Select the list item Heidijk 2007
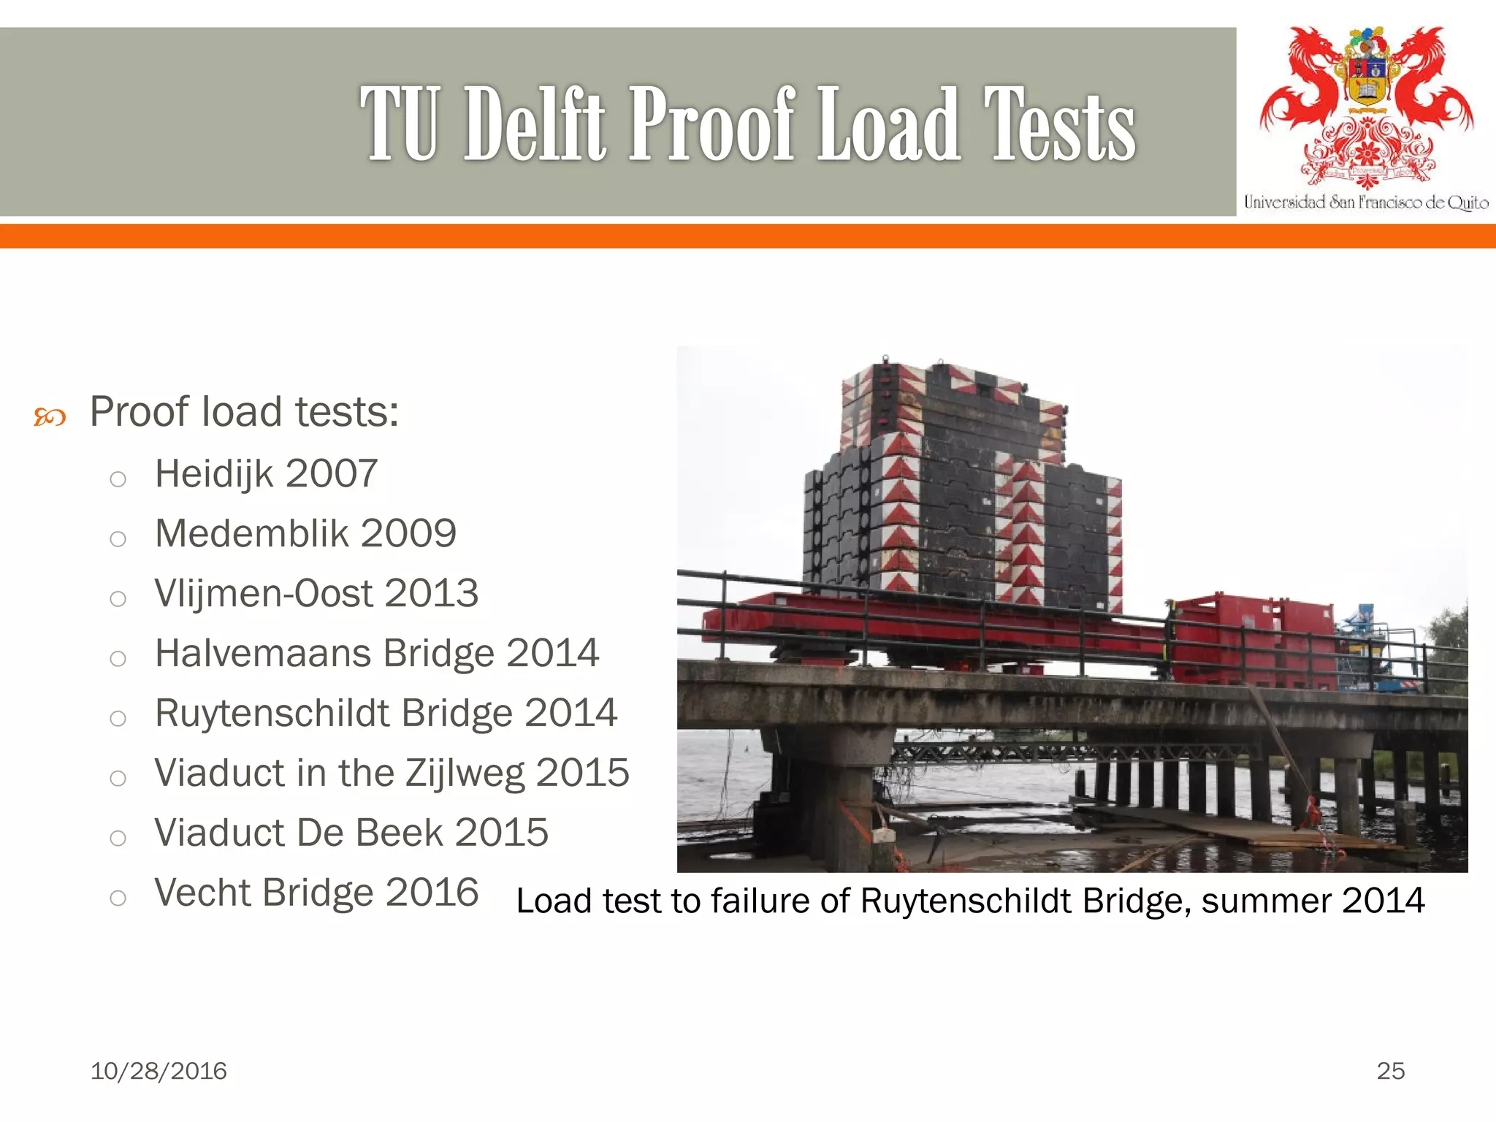click(x=266, y=473)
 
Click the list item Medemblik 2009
click(x=305, y=533)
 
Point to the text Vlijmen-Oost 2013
click(x=316, y=593)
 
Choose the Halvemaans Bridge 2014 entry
click(x=377, y=653)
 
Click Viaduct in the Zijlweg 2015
click(x=392, y=773)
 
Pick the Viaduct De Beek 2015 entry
click(x=351, y=833)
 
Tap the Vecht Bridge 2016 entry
click(x=316, y=893)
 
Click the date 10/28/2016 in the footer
click(x=159, y=1071)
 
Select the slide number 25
click(x=1390, y=1071)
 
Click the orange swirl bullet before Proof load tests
click(x=50, y=418)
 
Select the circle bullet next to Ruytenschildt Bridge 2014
click(x=118, y=718)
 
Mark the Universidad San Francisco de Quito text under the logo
click(x=1366, y=202)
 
